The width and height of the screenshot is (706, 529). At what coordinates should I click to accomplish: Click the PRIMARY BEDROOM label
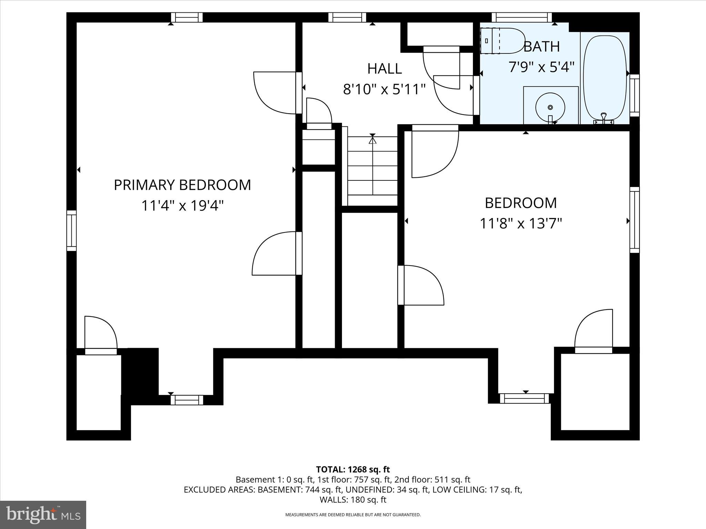point(182,185)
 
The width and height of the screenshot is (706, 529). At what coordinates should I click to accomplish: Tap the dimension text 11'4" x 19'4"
point(182,206)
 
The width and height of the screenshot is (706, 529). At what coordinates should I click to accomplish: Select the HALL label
point(384,69)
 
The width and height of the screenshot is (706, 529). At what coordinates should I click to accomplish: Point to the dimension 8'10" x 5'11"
point(384,90)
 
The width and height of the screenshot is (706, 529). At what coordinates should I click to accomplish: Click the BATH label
point(542,46)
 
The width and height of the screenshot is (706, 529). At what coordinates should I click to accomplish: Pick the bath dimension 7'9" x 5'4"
point(542,67)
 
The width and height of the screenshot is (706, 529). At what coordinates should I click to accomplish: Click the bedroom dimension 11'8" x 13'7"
point(521,224)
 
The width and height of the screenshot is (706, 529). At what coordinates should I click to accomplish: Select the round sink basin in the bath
point(550,107)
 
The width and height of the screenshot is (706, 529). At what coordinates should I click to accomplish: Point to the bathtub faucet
point(603,117)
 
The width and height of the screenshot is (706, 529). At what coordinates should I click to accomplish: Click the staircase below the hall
point(372,170)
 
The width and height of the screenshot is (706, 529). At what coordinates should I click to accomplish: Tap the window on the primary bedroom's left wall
point(71,230)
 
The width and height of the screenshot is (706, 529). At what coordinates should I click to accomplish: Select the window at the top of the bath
point(521,17)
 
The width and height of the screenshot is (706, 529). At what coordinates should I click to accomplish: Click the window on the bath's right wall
point(635,95)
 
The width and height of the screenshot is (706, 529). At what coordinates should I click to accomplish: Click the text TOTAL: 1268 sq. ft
point(353,469)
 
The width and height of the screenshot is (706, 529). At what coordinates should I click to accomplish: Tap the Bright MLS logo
point(43,515)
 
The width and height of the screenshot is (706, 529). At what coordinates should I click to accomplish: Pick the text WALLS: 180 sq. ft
point(353,500)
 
